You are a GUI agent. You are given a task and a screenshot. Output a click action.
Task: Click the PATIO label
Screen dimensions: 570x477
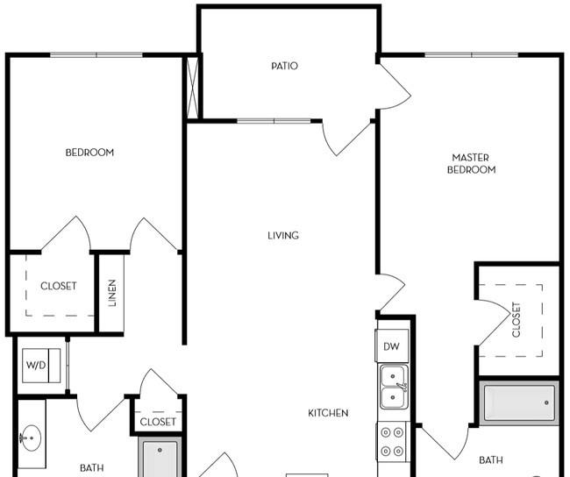click(285, 66)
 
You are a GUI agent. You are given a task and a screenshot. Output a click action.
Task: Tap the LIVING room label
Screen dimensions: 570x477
click(283, 236)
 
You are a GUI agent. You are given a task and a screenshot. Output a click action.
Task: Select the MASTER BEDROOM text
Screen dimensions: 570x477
click(471, 164)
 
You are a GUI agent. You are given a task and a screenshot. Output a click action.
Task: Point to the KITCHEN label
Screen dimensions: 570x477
click(328, 413)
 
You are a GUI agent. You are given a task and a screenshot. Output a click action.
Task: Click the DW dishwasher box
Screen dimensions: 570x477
click(391, 345)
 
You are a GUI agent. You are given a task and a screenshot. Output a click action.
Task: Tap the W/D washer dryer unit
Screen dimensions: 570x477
click(41, 366)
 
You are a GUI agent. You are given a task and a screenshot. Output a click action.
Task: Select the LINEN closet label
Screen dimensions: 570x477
click(112, 293)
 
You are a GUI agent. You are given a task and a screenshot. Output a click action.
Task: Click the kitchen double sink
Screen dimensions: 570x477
click(393, 388)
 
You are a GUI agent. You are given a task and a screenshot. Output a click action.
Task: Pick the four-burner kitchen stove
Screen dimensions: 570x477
click(392, 442)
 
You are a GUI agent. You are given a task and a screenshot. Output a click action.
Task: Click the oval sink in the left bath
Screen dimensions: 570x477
click(31, 438)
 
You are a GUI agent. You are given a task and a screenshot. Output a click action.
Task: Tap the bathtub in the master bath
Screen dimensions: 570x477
click(519, 402)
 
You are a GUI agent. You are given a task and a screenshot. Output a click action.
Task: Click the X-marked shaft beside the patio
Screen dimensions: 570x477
click(193, 88)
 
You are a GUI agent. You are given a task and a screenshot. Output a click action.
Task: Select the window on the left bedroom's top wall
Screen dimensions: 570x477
click(96, 55)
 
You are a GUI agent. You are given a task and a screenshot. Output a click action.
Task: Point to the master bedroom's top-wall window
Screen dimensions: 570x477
click(472, 55)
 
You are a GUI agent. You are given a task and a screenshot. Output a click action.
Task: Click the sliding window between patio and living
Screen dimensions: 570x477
click(274, 121)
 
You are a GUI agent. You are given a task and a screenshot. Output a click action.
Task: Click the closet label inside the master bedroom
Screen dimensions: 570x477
click(517, 320)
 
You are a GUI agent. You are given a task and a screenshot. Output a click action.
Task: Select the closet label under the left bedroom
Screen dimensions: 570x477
click(59, 286)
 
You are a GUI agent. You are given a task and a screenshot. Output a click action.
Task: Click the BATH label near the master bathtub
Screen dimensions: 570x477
click(491, 460)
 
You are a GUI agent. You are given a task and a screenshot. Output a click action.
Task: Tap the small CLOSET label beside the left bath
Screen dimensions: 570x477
click(158, 422)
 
